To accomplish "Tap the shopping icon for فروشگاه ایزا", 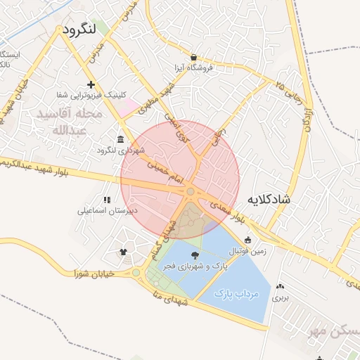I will click(x=193, y=58).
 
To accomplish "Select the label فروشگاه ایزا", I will click(x=193, y=69).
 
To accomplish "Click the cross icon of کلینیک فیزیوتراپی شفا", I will click(x=91, y=84).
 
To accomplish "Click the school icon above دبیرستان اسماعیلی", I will click(x=106, y=200).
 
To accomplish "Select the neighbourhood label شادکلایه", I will click(x=269, y=200).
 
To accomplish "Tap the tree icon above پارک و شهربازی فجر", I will click(x=195, y=255).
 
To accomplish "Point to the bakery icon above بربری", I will click(x=281, y=286).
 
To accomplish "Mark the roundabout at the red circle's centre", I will click(x=191, y=191).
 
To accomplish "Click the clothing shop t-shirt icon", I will click(x=124, y=251).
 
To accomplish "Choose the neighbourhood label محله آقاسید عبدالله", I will click(x=75, y=122).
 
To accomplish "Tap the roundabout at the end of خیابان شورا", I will click(x=136, y=273).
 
